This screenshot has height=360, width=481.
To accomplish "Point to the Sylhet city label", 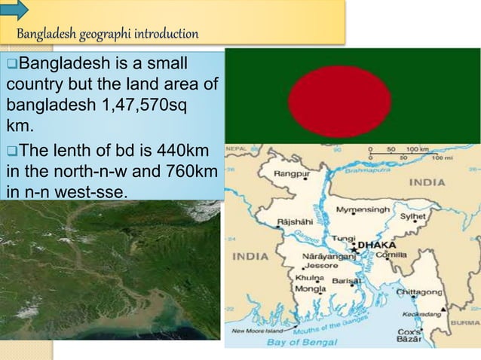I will point(413,216).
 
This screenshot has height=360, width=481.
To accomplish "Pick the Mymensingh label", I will point(363,209).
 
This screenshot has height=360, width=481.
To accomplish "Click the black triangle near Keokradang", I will point(443,309).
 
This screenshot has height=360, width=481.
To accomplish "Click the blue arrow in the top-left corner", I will point(14,9).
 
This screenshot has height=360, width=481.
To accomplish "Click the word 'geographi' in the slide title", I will point(103,34).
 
